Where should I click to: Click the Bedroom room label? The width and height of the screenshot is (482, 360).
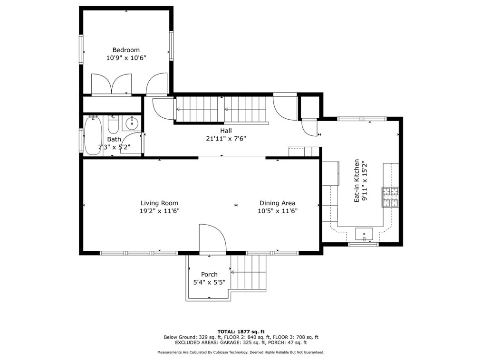[x=126, y=50]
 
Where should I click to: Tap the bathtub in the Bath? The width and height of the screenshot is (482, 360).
[x=91, y=135]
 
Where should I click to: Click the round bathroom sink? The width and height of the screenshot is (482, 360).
[x=132, y=123]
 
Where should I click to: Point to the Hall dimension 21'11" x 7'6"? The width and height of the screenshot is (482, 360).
[x=226, y=139]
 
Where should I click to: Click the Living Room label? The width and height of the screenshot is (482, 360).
[x=159, y=203]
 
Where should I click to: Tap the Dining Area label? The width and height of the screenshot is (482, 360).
[x=278, y=203]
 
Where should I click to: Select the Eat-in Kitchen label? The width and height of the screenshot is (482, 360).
[x=357, y=180]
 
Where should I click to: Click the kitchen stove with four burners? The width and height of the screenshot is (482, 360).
[x=390, y=197]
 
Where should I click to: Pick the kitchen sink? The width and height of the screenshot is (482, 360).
[x=364, y=234]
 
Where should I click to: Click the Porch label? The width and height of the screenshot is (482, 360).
[x=209, y=275]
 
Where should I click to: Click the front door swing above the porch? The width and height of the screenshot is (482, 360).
[x=213, y=238]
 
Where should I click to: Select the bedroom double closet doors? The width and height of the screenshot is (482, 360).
[x=112, y=84]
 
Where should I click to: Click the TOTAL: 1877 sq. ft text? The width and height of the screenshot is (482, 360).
[x=241, y=332]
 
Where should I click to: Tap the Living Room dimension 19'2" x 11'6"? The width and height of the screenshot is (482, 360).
[x=159, y=211]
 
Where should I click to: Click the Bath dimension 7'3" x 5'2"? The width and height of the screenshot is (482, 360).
[x=114, y=147]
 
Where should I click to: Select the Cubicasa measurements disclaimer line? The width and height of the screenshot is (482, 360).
[x=241, y=352]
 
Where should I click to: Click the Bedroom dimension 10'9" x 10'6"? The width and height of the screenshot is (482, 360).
[x=126, y=58]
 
